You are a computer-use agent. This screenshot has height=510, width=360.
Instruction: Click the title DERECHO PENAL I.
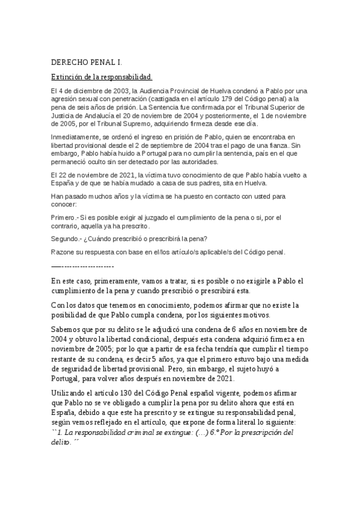click(x=87, y=62)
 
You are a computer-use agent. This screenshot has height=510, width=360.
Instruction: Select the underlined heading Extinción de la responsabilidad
click(x=102, y=77)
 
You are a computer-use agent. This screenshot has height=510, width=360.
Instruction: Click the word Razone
click(x=64, y=252)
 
